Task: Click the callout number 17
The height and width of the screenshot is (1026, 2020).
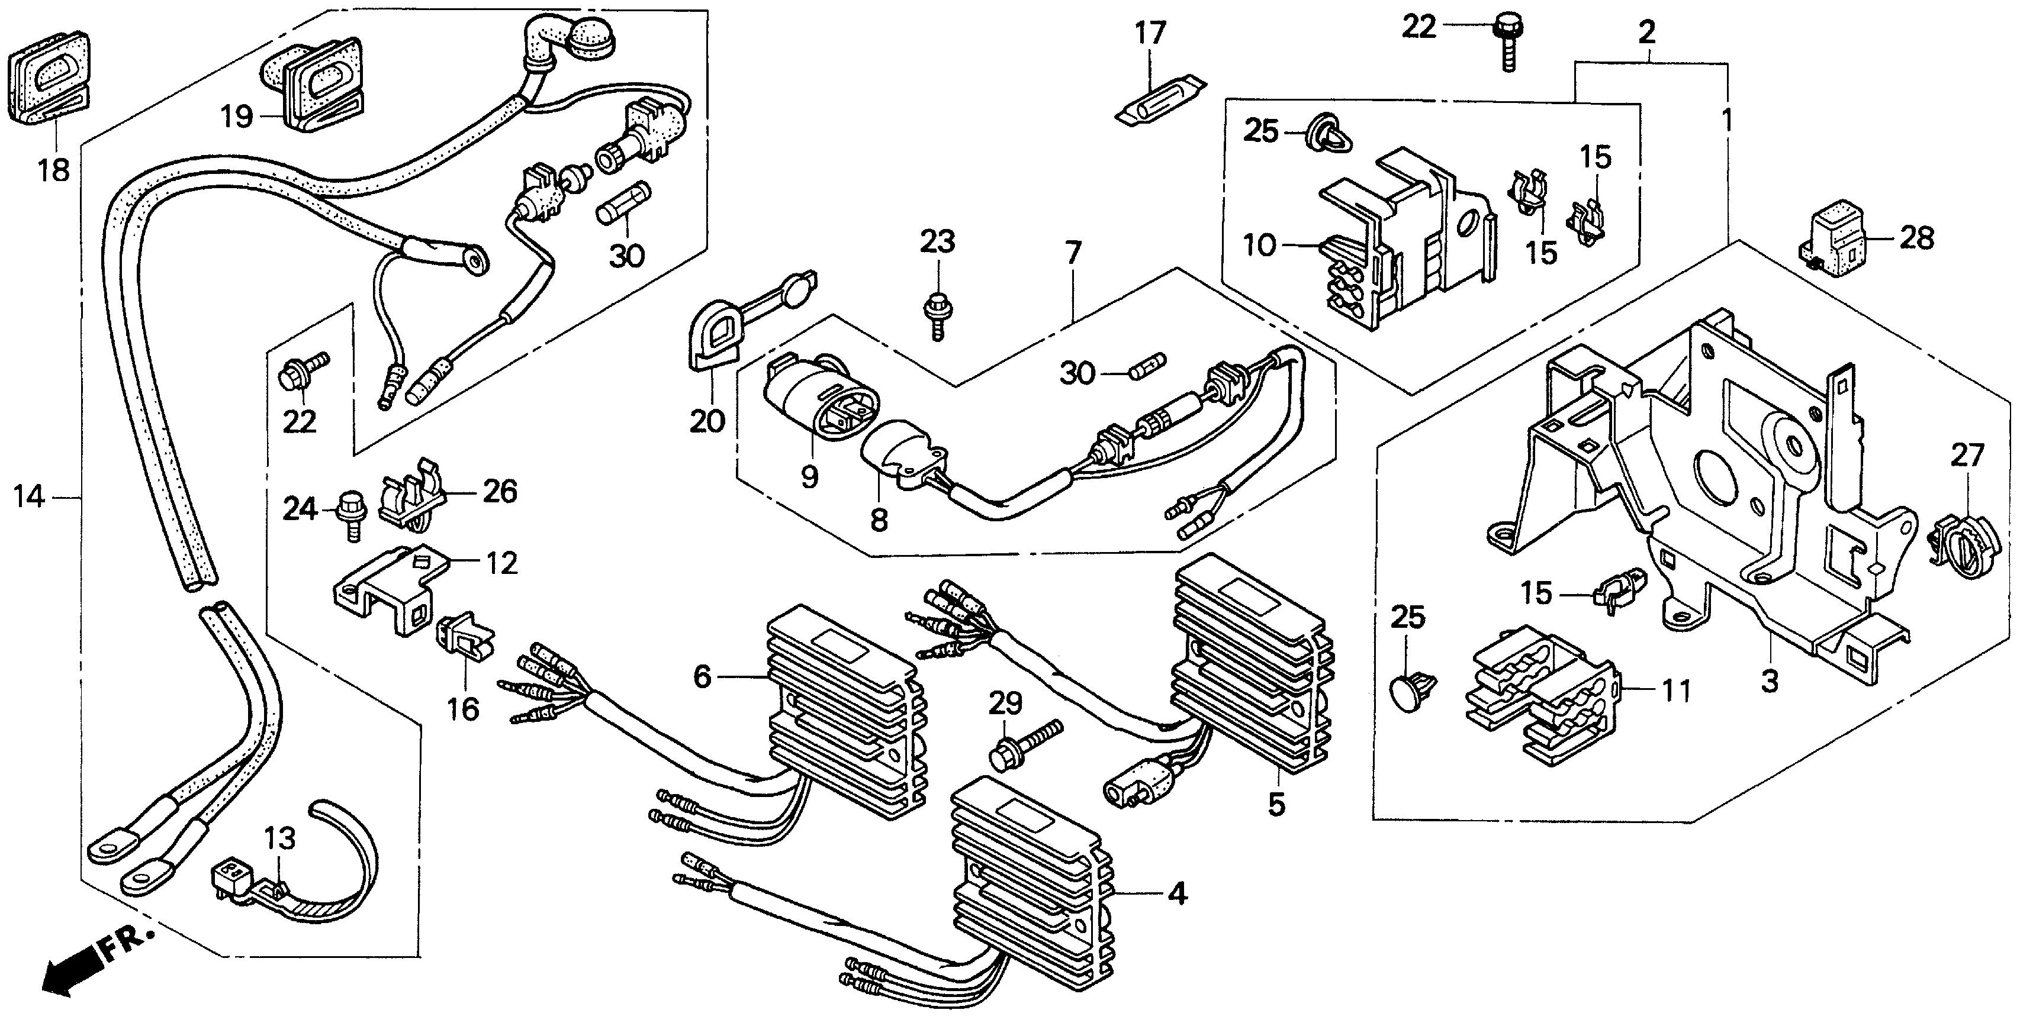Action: point(1150,34)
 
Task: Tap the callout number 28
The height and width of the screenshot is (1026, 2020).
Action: point(1917,238)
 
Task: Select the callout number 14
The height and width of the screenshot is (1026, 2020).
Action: point(29,497)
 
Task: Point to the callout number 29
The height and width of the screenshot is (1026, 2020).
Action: point(1005,704)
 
